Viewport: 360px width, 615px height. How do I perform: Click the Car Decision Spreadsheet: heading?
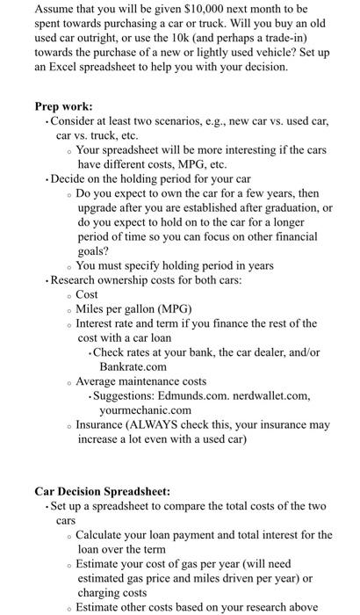pos(104,492)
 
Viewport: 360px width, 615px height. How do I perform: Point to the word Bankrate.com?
pos(133,366)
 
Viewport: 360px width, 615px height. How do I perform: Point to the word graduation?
pos(289,207)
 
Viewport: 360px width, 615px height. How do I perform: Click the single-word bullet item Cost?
pos(88,294)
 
